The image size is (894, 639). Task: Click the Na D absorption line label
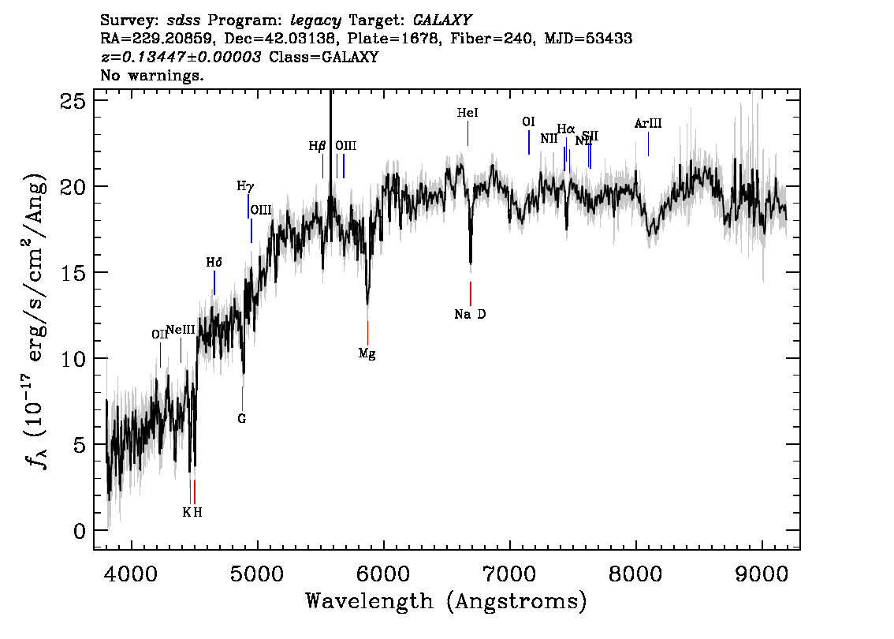[x=470, y=315]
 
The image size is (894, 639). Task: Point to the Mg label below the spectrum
[x=367, y=354]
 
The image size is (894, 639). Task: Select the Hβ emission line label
[x=317, y=146]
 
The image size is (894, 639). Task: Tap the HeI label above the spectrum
[x=467, y=114]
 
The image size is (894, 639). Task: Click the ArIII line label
[x=648, y=124]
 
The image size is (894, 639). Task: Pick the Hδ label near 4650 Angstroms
[x=214, y=263]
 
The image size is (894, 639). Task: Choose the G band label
[x=242, y=419]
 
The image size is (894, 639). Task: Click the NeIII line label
[x=181, y=329]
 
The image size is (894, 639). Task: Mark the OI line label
[x=528, y=122]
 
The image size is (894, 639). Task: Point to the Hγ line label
[x=245, y=187]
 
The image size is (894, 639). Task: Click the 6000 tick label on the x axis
[x=383, y=570]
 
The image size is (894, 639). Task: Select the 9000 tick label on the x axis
[x=762, y=570]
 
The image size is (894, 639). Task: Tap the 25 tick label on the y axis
[x=73, y=100]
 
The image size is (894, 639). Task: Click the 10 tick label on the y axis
[x=73, y=359]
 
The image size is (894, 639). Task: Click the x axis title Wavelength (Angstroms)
[x=446, y=602]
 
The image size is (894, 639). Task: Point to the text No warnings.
[x=153, y=76]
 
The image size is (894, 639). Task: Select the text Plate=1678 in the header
[x=400, y=39]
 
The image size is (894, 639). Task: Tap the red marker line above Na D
[x=471, y=293]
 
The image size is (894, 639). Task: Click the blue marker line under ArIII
[x=648, y=144]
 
